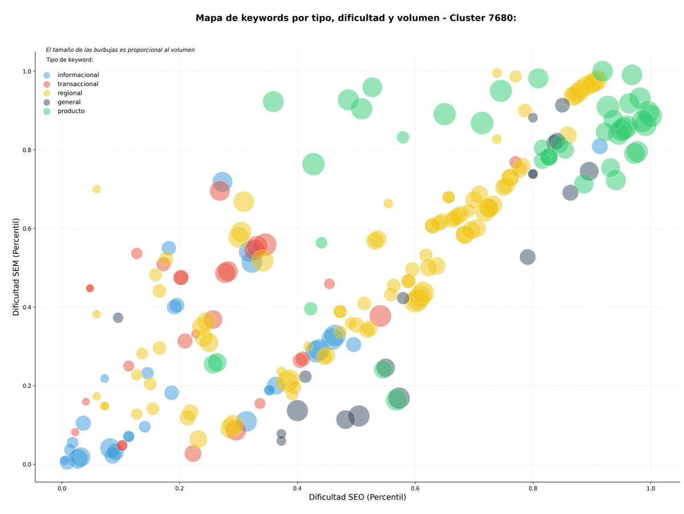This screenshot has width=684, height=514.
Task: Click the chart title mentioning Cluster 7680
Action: [356, 18]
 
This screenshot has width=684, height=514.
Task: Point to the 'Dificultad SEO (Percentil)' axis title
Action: [357, 497]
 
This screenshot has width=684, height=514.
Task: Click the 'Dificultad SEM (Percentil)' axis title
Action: [16, 266]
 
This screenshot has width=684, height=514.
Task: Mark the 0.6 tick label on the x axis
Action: [415, 488]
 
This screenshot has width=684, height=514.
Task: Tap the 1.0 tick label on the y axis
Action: [27, 71]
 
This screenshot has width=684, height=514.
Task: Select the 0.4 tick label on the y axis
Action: [27, 307]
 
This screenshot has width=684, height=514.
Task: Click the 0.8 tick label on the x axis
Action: [532, 488]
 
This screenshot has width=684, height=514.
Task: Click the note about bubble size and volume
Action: [120, 50]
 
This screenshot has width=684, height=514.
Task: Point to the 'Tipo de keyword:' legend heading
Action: [70, 59]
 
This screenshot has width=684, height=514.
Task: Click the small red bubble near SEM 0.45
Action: [89, 288]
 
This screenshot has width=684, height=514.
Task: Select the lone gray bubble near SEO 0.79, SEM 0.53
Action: [527, 257]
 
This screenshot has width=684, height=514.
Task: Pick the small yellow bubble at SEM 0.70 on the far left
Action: [96, 189]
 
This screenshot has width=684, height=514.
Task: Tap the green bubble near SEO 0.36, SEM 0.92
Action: [273, 102]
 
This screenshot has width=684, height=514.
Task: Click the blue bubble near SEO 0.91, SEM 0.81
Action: [600, 146]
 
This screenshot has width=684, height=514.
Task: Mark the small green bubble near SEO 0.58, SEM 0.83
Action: [403, 137]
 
